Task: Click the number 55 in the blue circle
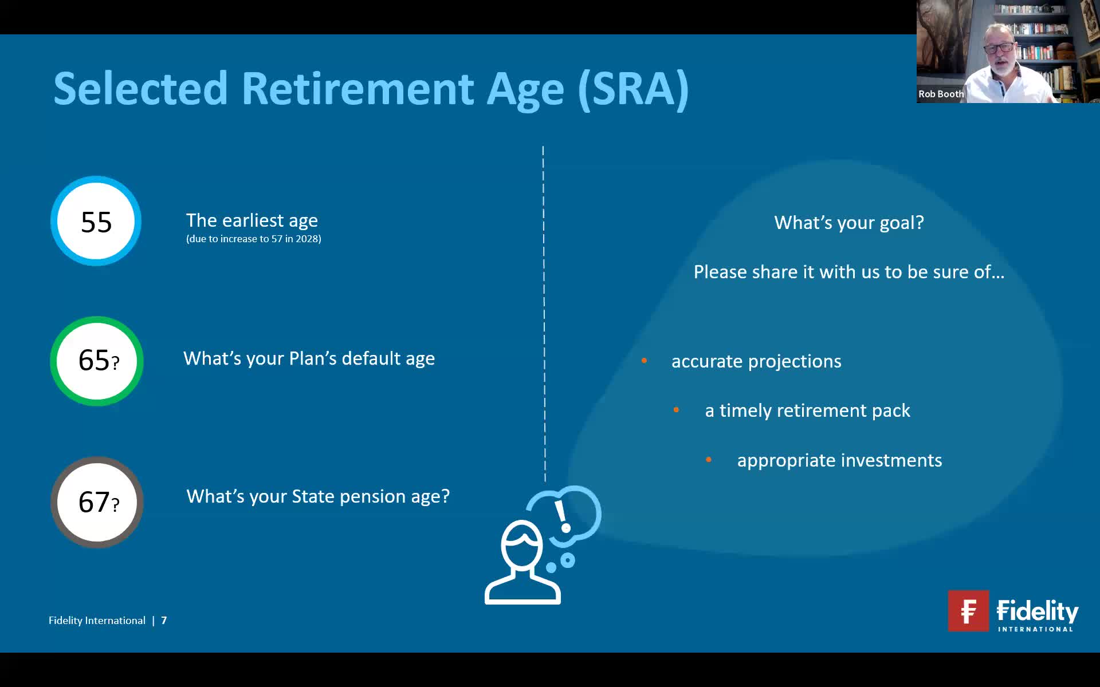[96, 222]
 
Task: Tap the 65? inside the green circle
[98, 361]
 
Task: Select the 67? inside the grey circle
[98, 502]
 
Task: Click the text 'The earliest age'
[252, 220]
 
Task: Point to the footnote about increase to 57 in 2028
[253, 239]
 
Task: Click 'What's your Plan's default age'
[309, 358]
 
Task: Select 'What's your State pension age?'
[318, 496]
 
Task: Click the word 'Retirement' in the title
[357, 89]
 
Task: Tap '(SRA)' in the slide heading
[632, 89]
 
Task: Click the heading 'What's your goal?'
[848, 223]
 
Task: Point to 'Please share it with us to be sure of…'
[848, 272]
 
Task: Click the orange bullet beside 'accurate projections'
[644, 361]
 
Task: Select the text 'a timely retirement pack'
[807, 410]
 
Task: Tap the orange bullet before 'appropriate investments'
[709, 460]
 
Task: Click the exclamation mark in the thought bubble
[562, 515]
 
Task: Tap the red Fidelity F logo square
[968, 611]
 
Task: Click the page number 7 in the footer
[164, 621]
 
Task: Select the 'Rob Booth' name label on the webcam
[940, 94]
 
